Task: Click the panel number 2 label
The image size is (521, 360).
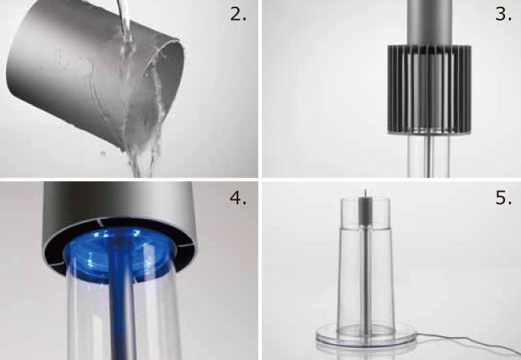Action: click(238, 14)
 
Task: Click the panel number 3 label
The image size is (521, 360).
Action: click(503, 14)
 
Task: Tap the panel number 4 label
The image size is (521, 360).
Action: click(238, 198)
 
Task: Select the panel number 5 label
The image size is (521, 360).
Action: click(503, 198)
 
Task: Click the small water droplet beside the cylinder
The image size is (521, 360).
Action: click(103, 153)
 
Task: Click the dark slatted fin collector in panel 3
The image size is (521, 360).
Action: click(429, 89)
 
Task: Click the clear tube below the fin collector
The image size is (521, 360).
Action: click(428, 155)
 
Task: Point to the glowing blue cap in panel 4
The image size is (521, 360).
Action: click(120, 251)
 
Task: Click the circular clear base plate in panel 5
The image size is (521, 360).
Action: click(366, 336)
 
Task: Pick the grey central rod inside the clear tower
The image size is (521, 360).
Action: click(366, 266)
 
